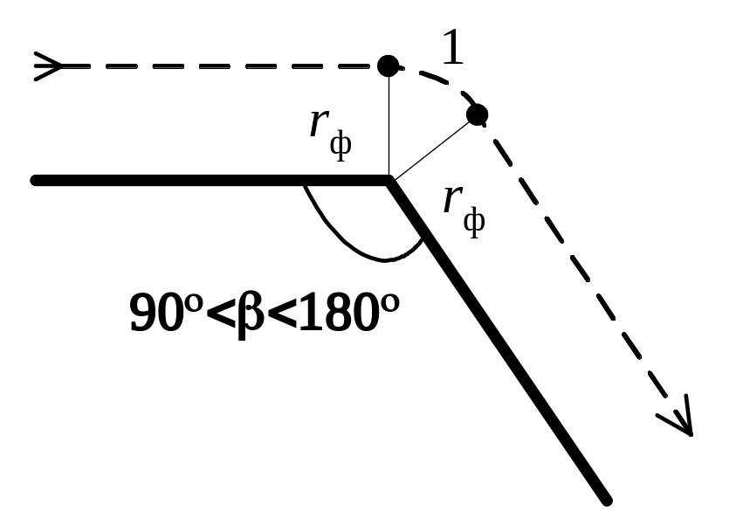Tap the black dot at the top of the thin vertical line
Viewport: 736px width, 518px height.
(388, 65)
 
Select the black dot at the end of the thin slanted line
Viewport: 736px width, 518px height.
(477, 114)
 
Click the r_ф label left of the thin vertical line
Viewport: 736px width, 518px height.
(331, 131)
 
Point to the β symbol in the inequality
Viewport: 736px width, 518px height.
(252, 314)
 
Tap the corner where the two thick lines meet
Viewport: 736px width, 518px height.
(389, 181)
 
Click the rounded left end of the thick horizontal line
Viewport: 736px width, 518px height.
(36, 181)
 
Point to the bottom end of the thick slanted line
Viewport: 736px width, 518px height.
(604, 500)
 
